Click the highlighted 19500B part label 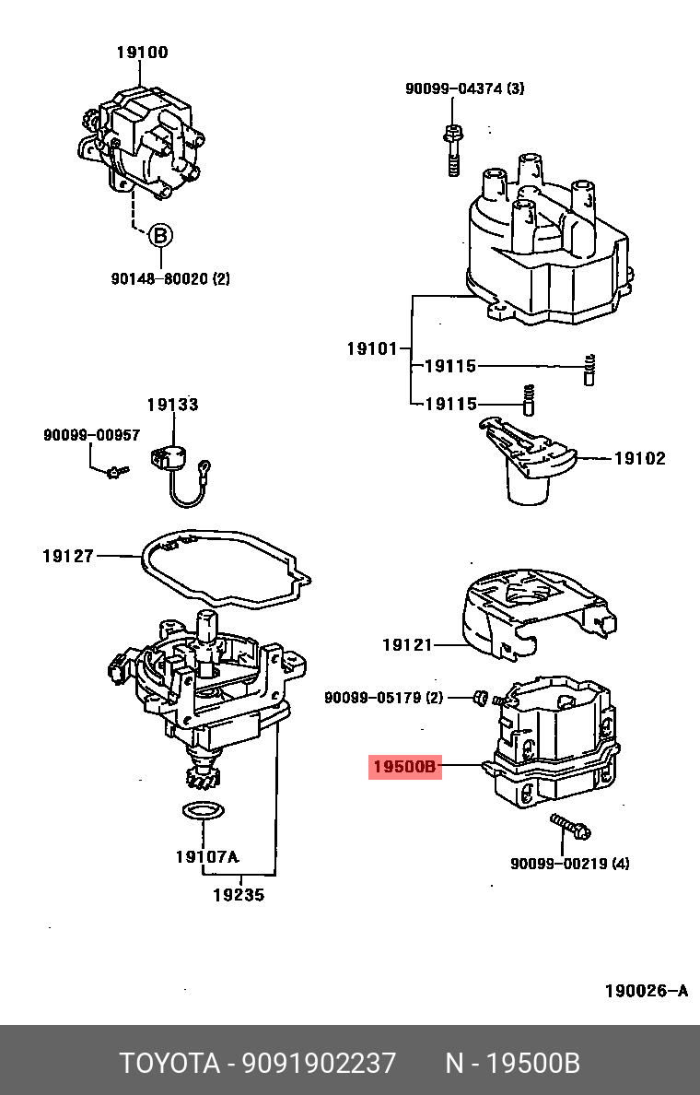tap(405, 766)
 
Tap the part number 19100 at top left tap(142, 53)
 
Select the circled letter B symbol tap(160, 236)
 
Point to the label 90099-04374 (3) tap(464, 88)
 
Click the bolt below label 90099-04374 tap(452, 147)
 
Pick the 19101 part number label tap(372, 348)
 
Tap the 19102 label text tap(639, 458)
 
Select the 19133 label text tap(172, 405)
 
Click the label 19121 tap(407, 645)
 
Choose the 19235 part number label tap(238, 894)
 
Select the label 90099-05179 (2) tap(383, 698)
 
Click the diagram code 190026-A tap(646, 991)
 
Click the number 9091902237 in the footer tap(319, 1063)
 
